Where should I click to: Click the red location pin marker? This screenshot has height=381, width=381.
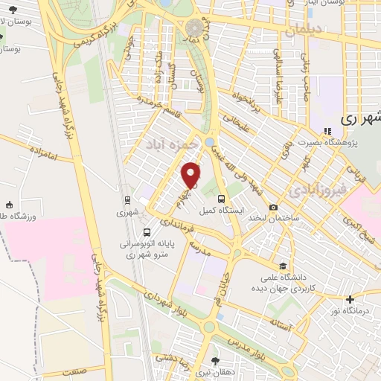coord(192,175)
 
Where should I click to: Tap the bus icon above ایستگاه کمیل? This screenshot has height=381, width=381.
coord(221,199)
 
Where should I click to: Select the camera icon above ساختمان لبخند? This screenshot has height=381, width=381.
coord(274,207)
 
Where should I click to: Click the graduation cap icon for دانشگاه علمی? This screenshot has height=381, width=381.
coord(283,266)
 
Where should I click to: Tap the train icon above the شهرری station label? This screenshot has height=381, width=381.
coord(127,200)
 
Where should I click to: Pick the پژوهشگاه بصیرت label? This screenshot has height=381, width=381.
coord(327,141)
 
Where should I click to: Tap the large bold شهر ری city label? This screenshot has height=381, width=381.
coord(360,119)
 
